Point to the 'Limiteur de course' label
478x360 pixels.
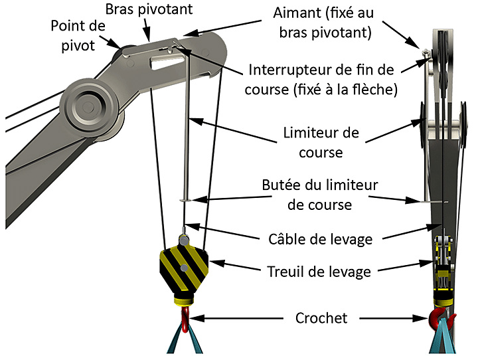click(x=320, y=142)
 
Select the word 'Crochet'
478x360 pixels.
click(x=321, y=319)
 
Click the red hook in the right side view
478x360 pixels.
click(x=440, y=318)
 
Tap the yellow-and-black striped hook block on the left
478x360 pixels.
click(x=184, y=268)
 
